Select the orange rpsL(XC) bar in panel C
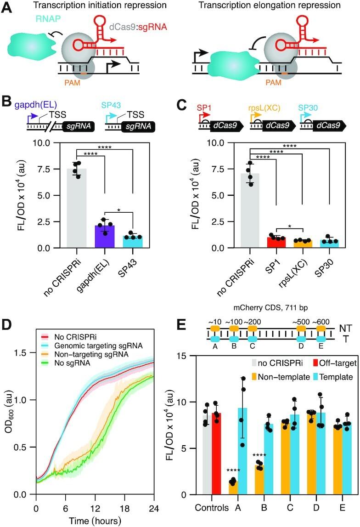pyautogui.click(x=303, y=244)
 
